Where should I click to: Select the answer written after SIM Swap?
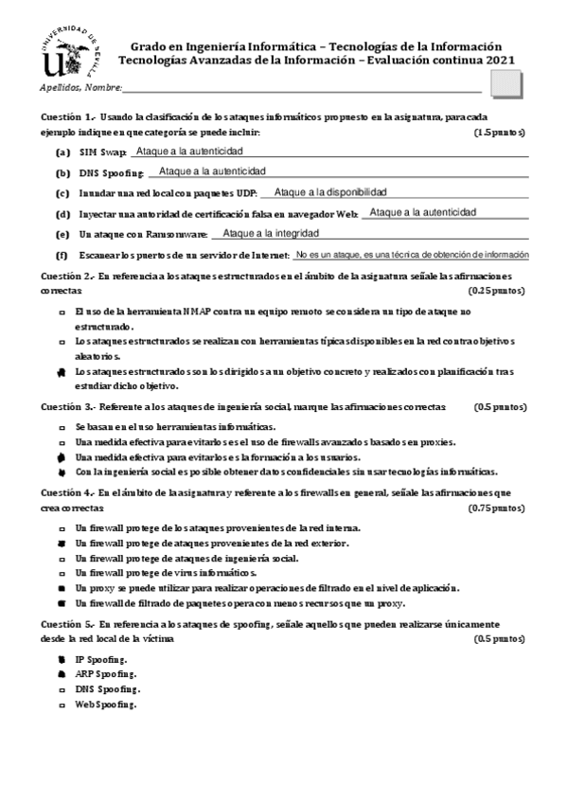pyautogui.click(x=190, y=152)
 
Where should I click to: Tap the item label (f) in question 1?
pyautogui.click(x=62, y=256)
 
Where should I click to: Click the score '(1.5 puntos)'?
pyautogui.click(x=500, y=133)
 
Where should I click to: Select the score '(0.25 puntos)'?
pyautogui.click(x=497, y=290)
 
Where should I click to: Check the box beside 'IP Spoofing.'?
pyautogui.click(x=62, y=658)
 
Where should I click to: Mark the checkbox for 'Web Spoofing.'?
pyautogui.click(x=62, y=705)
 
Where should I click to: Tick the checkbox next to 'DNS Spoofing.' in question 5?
pyautogui.click(x=62, y=689)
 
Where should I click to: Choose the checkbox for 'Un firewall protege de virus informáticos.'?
pyautogui.click(x=62, y=573)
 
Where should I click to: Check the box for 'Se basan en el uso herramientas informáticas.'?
pyautogui.click(x=62, y=428)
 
